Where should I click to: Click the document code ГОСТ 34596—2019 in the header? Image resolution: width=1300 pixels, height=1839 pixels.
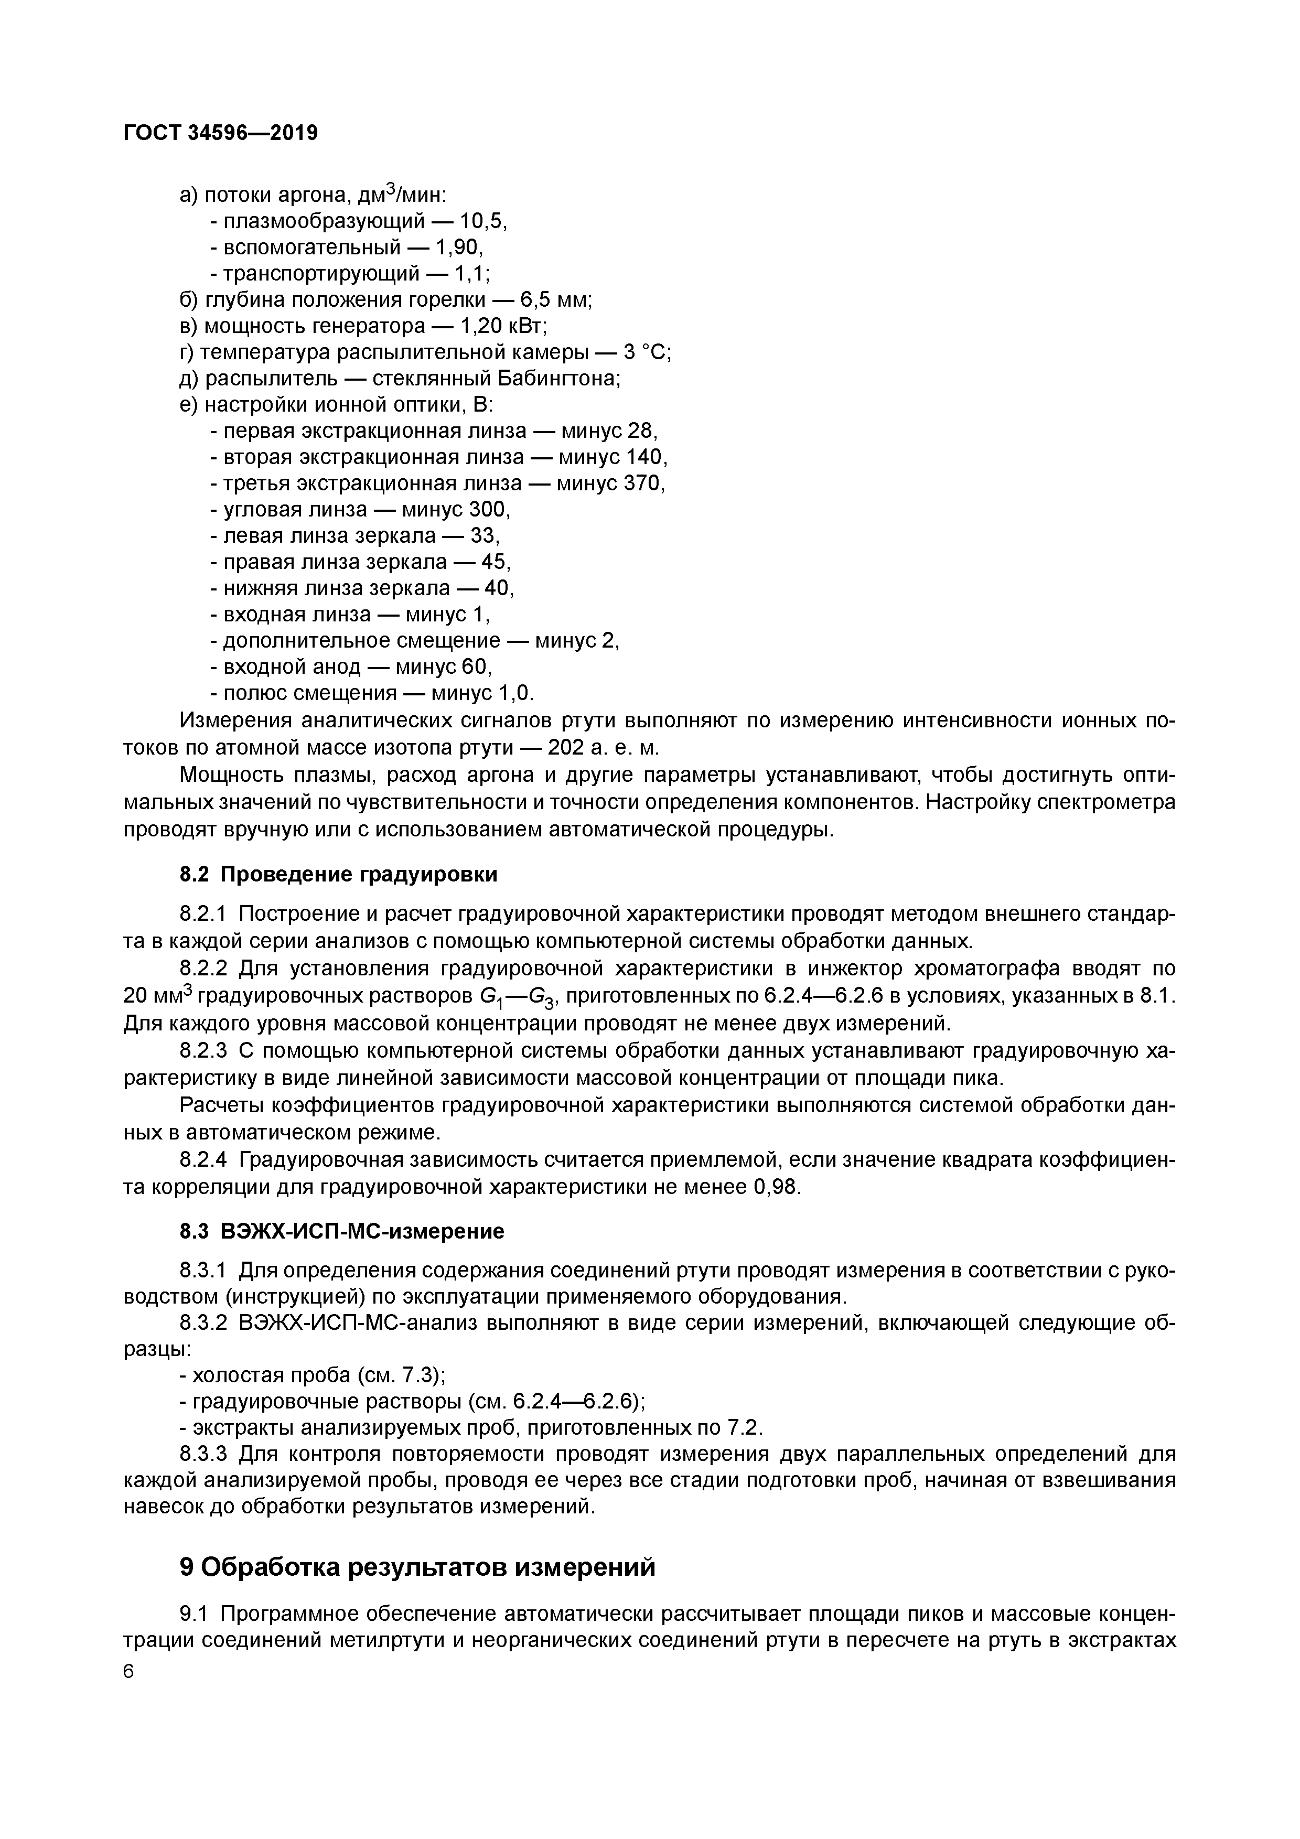pyautogui.click(x=220, y=132)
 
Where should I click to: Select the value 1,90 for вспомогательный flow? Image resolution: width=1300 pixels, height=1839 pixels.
pyautogui.click(x=459, y=246)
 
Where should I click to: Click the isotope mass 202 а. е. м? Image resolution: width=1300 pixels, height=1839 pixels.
pyautogui.click(x=603, y=748)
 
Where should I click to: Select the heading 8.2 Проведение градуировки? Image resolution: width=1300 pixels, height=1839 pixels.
pyautogui.click(x=338, y=875)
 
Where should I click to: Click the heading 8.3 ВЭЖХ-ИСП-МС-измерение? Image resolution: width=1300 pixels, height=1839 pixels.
pyautogui.click(x=341, y=1231)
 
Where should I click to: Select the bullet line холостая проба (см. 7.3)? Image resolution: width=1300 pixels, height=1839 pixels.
pyautogui.click(x=313, y=1375)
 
